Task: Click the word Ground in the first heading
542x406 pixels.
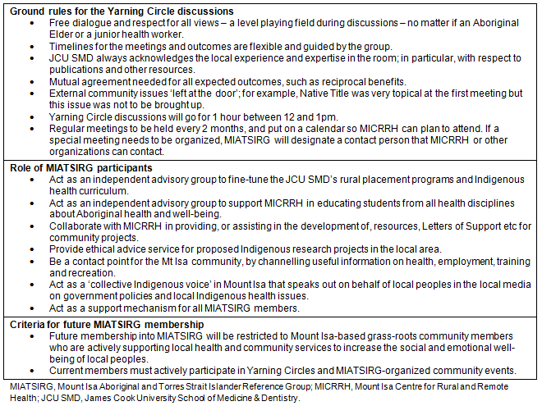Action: tap(25, 11)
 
